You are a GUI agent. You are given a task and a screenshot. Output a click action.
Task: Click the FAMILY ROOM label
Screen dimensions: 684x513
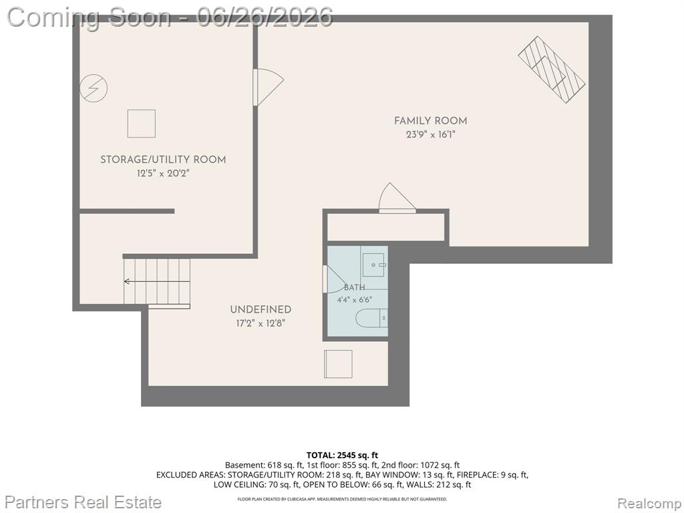pos(430,121)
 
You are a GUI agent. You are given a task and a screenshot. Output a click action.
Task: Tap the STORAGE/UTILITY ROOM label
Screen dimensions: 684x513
pos(163,160)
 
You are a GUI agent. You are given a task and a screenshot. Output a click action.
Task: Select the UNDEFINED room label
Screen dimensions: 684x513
pos(261,310)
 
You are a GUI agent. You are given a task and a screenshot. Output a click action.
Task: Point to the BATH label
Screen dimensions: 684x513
pos(354,287)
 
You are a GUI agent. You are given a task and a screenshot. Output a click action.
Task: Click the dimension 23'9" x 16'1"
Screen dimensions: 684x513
pos(431,135)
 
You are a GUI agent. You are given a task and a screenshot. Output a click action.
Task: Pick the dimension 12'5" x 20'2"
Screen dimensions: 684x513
pos(163,174)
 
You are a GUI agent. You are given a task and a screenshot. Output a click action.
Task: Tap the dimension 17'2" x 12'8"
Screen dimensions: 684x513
pos(261,324)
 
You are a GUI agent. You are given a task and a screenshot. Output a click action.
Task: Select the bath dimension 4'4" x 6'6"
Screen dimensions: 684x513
pos(354,300)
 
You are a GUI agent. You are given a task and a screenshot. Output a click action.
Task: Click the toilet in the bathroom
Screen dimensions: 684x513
pos(371,318)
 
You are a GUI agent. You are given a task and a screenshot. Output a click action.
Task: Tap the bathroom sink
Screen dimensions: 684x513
pos(374,265)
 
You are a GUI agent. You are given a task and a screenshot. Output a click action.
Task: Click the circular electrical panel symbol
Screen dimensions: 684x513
pos(94,89)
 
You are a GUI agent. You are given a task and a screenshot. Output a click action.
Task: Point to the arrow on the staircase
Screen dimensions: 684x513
pos(156,281)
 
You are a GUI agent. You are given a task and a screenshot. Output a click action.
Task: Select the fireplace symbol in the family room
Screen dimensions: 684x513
pos(552,69)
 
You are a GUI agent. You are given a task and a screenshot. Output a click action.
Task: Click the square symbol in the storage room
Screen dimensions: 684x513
pos(142,124)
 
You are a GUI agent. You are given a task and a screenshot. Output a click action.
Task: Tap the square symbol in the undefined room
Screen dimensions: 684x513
pos(338,364)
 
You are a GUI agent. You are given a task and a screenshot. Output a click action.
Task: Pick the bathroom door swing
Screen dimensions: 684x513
pos(335,279)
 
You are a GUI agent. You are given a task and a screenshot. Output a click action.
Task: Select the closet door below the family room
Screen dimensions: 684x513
pos(397,198)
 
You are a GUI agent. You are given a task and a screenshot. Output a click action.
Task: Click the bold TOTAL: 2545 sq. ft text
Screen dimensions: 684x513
pos(342,456)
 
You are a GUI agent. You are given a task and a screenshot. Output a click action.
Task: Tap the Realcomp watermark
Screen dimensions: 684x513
pos(649,503)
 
